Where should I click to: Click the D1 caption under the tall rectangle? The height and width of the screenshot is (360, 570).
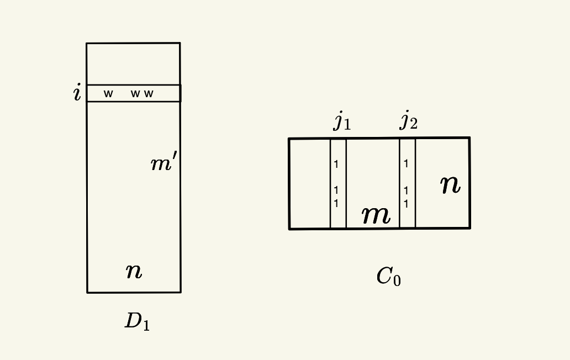click(x=137, y=321)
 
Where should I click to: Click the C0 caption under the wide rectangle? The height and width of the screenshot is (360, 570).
click(x=388, y=276)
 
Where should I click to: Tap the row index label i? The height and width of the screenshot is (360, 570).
click(x=77, y=93)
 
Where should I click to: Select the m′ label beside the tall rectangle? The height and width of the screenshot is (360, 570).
click(x=164, y=163)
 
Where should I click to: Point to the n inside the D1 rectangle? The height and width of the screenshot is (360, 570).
click(x=134, y=271)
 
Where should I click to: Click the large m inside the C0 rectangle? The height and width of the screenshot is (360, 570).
click(x=376, y=214)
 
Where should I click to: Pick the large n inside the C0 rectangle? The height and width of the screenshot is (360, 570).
click(x=450, y=184)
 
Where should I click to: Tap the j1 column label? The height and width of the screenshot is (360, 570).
click(x=342, y=120)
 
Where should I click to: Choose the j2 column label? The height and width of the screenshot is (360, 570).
click(x=408, y=120)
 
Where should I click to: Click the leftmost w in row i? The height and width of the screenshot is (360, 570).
click(x=108, y=94)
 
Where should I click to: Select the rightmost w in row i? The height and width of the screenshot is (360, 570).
click(x=149, y=94)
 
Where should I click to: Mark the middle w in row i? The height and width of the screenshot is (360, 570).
click(x=135, y=94)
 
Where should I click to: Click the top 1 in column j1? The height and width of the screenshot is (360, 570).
click(x=336, y=164)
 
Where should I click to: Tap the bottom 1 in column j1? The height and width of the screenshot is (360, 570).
click(x=336, y=203)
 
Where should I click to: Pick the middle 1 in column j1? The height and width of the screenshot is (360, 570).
click(x=336, y=190)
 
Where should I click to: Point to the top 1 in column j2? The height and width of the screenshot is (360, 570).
click(x=406, y=163)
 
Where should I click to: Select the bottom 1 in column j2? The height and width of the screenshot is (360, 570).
click(x=406, y=204)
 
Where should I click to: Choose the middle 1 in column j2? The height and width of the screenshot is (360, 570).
click(x=406, y=190)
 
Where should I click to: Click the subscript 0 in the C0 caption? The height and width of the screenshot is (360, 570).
click(x=397, y=280)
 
